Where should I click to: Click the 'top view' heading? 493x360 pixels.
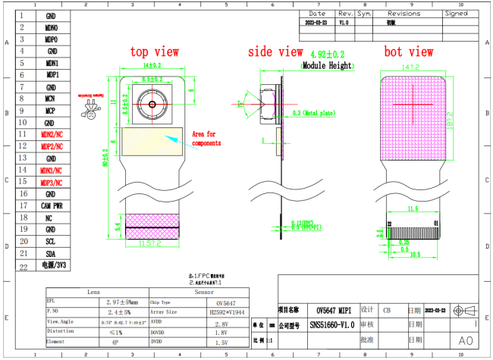[155, 52]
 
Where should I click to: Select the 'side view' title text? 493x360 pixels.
[275, 52]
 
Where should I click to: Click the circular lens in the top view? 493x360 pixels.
[152, 102]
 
